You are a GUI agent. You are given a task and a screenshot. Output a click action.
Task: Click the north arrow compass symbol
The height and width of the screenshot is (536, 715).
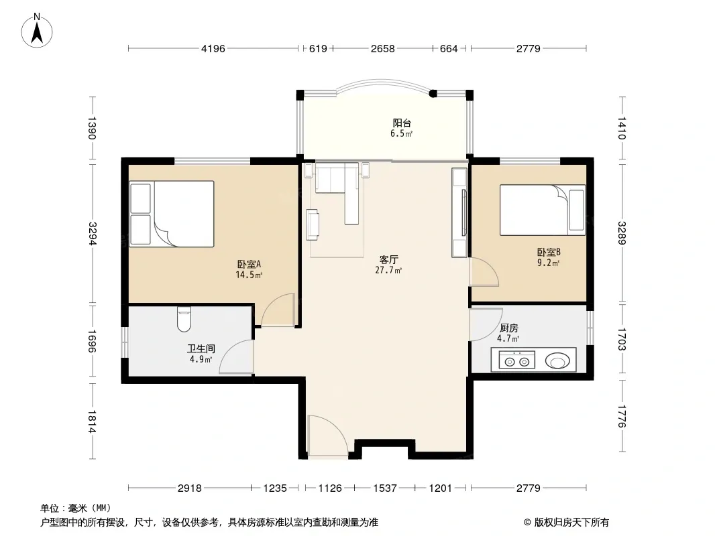click(x=37, y=31)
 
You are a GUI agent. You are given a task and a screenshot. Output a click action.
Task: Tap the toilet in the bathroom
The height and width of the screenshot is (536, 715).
click(x=184, y=319)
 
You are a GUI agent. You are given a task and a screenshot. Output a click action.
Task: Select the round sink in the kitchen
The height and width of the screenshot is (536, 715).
click(x=557, y=361)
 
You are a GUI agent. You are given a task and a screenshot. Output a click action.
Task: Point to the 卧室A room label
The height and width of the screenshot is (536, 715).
click(x=249, y=264)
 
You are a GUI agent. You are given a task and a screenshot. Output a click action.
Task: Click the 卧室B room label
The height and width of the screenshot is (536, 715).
click(x=549, y=252)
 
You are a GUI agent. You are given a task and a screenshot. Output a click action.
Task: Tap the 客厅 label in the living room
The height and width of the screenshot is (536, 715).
click(x=389, y=259)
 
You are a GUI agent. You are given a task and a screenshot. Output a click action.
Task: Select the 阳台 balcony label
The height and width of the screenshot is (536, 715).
click(x=402, y=123)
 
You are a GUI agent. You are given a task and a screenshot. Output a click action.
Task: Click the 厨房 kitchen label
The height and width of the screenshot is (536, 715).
click(x=508, y=328)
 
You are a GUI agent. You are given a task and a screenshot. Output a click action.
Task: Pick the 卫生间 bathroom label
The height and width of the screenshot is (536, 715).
click(x=201, y=349)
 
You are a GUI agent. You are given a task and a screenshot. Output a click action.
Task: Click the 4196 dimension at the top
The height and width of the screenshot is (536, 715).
click(x=213, y=48)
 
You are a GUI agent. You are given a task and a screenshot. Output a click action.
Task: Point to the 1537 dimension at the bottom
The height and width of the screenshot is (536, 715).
click(x=385, y=488)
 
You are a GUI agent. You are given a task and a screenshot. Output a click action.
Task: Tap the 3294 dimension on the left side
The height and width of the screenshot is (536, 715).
click(x=93, y=233)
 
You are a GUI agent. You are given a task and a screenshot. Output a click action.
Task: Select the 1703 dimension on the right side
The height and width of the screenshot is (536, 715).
click(x=622, y=340)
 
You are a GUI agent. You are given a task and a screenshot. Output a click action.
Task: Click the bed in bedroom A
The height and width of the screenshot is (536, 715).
click(x=172, y=214)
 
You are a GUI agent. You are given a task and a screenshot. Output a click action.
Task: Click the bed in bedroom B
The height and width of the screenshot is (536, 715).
click(x=543, y=210)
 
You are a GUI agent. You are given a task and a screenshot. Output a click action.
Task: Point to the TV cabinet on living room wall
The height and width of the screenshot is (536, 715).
click(x=459, y=212)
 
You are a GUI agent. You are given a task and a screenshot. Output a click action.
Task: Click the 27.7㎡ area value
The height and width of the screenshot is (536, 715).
click(x=388, y=271)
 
